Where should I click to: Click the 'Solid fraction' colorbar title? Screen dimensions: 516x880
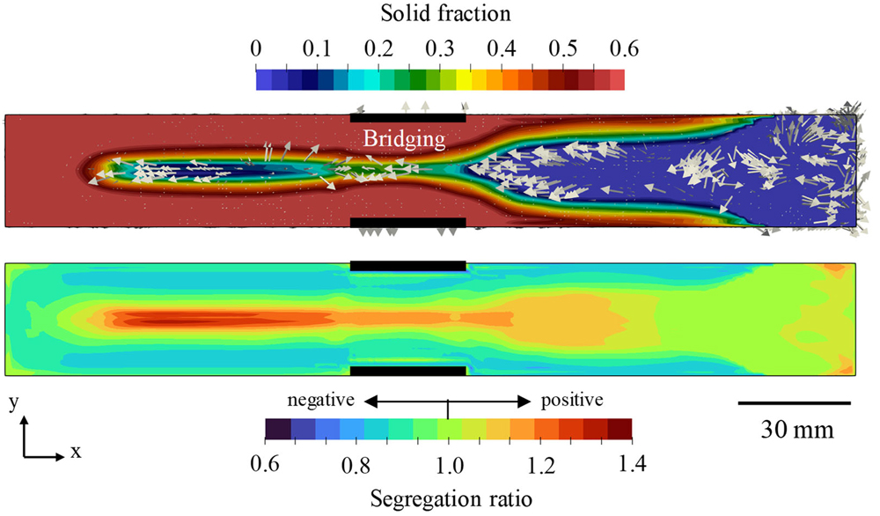tap(439, 14)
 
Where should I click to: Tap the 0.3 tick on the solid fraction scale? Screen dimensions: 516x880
tap(440, 48)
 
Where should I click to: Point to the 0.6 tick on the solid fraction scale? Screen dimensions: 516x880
tap(624, 48)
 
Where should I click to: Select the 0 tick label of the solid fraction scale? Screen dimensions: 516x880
tap(256, 48)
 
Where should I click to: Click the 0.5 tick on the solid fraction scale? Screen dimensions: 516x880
tap(563, 48)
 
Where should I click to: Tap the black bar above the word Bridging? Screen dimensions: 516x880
tap(407, 116)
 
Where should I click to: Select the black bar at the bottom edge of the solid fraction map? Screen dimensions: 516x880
tap(407, 222)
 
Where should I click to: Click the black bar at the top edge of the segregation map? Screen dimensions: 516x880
tap(407, 265)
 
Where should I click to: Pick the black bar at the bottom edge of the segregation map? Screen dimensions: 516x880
tap(407, 371)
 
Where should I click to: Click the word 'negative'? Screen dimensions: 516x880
tap(321, 400)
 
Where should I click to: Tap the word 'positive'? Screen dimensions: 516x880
tap(572, 400)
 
